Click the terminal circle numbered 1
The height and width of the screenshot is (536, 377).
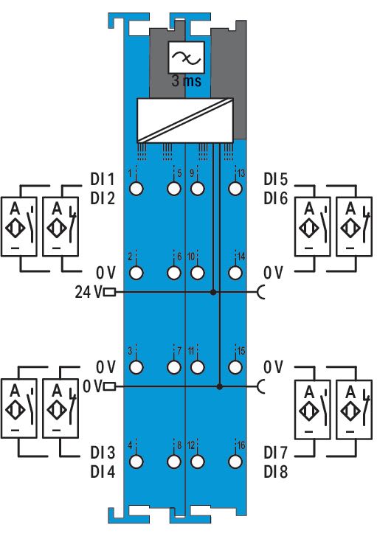[136, 188]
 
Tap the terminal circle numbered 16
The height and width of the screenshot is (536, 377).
[235, 461]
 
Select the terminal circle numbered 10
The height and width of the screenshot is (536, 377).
[198, 273]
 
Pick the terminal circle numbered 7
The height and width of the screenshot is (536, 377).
[174, 366]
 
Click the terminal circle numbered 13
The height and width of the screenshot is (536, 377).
[235, 188]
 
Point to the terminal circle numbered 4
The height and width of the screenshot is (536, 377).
[136, 461]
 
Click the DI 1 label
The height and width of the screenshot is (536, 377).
[103, 179]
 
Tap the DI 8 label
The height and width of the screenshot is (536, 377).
[276, 472]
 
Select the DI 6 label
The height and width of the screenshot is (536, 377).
[276, 198]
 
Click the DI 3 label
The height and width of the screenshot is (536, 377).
[103, 453]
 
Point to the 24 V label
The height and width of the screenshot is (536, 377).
[89, 292]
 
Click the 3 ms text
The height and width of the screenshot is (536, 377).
[187, 80]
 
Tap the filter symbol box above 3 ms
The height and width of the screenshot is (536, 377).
[187, 57]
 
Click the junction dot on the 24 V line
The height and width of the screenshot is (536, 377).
[213, 292]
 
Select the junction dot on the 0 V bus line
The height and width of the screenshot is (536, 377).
[220, 386]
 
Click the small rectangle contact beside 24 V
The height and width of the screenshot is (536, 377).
[109, 292]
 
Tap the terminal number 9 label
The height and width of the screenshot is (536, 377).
[192, 173]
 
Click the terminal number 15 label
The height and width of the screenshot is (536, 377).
[241, 351]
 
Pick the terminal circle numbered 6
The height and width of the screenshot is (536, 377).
[174, 273]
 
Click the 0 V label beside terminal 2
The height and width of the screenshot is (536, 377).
[106, 273]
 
